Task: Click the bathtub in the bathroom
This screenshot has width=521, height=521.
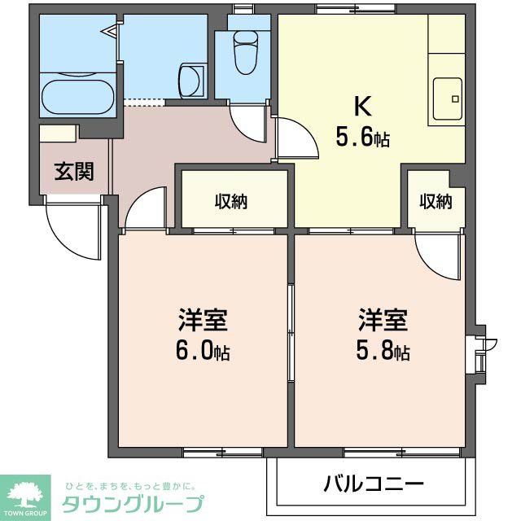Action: [x=78, y=97]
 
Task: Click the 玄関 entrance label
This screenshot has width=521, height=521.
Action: [x=73, y=172]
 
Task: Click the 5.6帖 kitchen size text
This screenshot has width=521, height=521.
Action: [x=362, y=138]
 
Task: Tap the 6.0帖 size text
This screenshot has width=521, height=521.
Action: [x=202, y=351]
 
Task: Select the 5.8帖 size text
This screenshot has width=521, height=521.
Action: [x=382, y=351]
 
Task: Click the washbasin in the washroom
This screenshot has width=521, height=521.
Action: [x=188, y=82]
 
